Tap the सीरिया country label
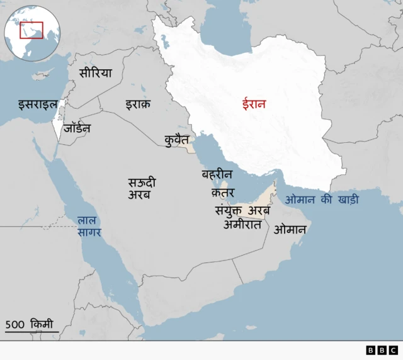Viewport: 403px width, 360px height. pyautogui.click(x=95, y=73)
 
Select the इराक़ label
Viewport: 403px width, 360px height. pyautogui.click(x=137, y=104)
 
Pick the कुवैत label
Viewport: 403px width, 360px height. pyautogui.click(x=176, y=139)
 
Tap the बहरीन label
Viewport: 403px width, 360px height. pyautogui.click(x=217, y=174)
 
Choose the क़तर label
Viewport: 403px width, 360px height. pyautogui.click(x=223, y=192)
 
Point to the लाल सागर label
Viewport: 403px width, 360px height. pyautogui.click(x=89, y=227)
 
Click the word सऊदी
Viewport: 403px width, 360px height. pyautogui.click(x=142, y=183)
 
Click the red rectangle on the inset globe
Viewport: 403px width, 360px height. pyautogui.click(x=31, y=30)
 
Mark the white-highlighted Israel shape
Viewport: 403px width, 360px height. pyautogui.click(x=58, y=126)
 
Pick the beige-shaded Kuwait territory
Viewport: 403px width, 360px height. pyautogui.click(x=188, y=146)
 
